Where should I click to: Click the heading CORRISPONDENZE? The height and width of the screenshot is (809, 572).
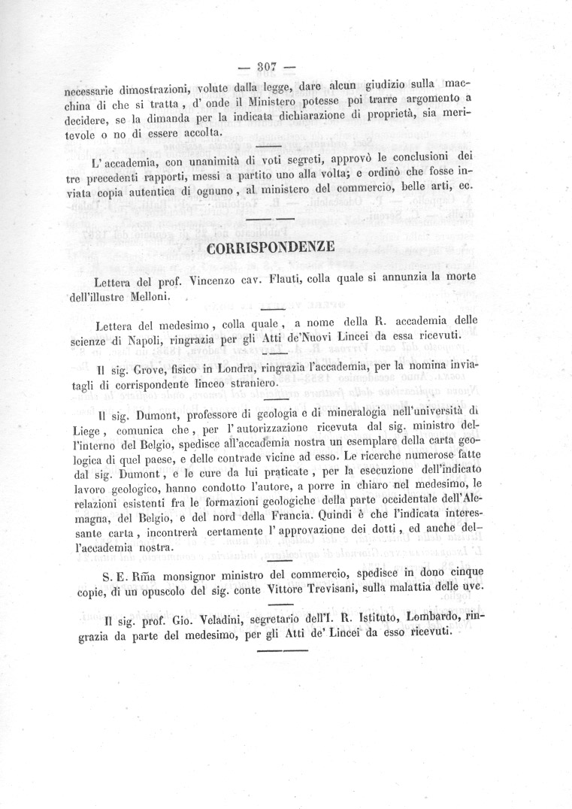pos(270,249)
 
